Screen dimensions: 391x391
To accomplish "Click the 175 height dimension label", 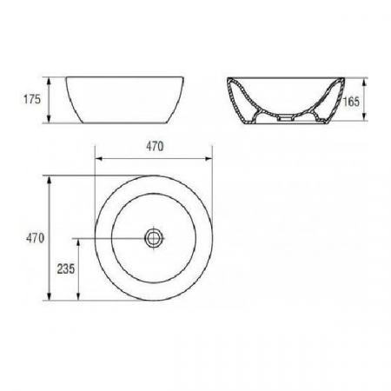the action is (x=32, y=99).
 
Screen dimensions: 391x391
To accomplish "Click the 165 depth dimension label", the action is (x=351, y=102).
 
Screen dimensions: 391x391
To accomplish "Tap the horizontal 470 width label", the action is (x=155, y=147).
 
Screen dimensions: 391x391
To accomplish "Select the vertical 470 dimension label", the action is (x=35, y=238).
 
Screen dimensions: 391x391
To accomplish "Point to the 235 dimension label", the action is (x=66, y=268).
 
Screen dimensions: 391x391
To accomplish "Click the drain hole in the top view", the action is (x=154, y=238).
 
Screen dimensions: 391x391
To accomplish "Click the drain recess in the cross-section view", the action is (x=285, y=117).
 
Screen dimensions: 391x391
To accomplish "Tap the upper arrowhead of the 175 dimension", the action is (x=49, y=81).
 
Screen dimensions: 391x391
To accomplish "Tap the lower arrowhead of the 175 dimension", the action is (x=49, y=119).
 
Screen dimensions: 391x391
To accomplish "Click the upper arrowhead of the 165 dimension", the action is (x=364, y=82).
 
